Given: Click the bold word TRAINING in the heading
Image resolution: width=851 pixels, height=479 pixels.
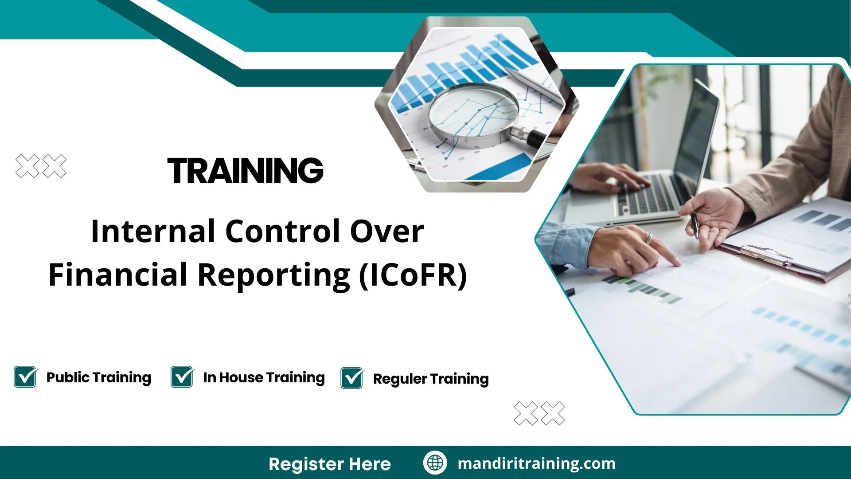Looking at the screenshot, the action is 246,170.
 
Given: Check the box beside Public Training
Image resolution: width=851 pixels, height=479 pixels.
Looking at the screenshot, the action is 25,377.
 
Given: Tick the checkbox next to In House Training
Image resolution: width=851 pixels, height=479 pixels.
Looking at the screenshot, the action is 182,377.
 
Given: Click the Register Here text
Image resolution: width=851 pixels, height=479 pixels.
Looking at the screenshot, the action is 330,464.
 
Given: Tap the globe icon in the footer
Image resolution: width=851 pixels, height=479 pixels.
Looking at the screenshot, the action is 435,463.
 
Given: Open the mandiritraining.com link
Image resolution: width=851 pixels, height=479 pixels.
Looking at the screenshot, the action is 536,463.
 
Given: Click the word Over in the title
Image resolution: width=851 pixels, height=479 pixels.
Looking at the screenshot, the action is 387,231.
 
